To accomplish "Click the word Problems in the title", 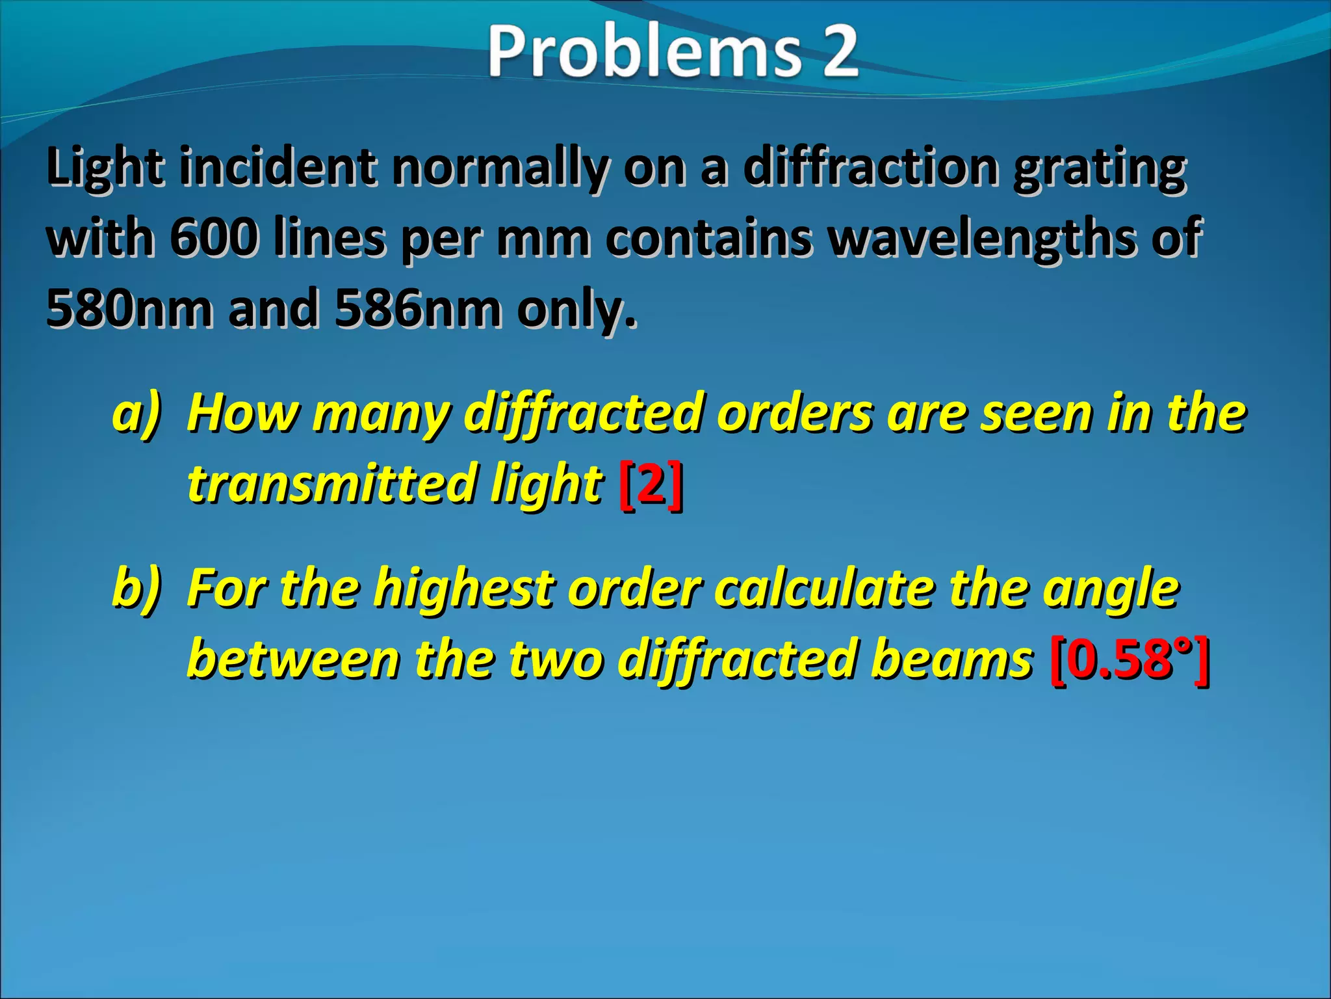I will [643, 52].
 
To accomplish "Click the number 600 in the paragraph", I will [214, 238].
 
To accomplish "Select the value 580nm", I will [129, 308].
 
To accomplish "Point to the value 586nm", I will [418, 308].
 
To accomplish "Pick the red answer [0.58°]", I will [1130, 659].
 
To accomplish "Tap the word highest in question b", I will [464, 588].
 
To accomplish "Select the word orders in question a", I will [795, 414].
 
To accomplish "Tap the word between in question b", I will [293, 659].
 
